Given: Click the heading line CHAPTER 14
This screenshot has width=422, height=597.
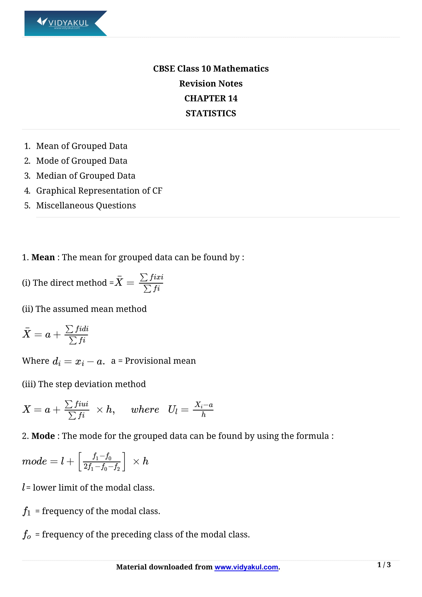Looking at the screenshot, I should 211,98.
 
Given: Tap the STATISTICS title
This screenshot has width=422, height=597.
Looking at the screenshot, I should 211,113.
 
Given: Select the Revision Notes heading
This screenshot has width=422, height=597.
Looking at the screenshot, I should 211,83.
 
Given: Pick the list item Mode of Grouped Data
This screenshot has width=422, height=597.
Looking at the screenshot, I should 82,161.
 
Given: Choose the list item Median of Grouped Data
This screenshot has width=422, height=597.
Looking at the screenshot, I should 86,176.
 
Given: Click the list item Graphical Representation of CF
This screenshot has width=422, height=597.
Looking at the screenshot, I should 99,191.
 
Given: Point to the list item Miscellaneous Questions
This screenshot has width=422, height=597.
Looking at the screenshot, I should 86,205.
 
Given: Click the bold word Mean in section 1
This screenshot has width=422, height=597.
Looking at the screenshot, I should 43,257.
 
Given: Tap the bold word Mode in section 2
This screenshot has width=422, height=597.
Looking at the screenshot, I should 43,436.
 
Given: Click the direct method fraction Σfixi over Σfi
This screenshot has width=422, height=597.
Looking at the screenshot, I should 151,283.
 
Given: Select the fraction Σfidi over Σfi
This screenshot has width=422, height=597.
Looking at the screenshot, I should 76,335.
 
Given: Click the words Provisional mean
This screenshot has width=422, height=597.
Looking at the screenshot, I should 160,361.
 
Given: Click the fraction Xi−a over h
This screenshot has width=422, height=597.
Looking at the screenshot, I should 203,409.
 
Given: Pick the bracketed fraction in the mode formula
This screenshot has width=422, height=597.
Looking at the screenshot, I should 102,461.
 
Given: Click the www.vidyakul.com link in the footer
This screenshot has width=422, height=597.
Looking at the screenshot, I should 246,567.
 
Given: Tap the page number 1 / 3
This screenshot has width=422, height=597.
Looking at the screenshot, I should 384,565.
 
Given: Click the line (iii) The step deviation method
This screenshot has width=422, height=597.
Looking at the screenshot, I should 84,384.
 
